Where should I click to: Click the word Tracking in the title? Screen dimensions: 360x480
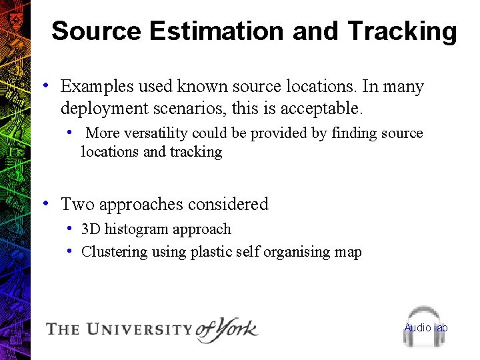pyautogui.click(x=402, y=31)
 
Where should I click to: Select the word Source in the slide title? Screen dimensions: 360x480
pyautogui.click(x=96, y=31)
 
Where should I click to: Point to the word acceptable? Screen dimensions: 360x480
pyautogui.click(x=324, y=107)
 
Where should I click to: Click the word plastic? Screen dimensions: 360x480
pyautogui.click(x=211, y=252)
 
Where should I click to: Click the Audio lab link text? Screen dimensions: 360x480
pyautogui.click(x=426, y=327)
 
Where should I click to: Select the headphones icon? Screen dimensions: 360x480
pyautogui.click(x=425, y=326)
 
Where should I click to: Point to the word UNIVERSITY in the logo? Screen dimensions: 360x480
pyautogui.click(x=140, y=329)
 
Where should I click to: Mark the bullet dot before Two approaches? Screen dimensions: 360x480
pyautogui.click(x=44, y=203)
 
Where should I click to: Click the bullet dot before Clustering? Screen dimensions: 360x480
pyautogui.click(x=70, y=251)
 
